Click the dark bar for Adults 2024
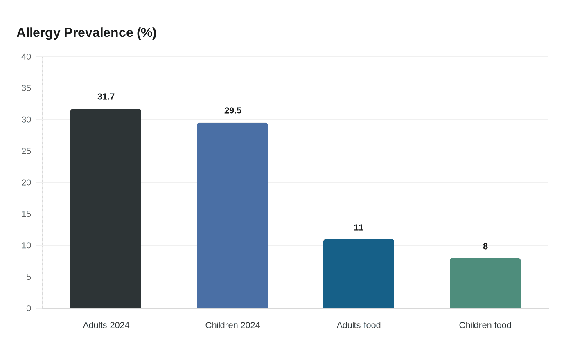point(106,209)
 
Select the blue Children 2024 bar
point(232,216)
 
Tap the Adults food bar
point(359,274)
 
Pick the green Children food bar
point(485,283)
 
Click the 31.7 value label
point(106,97)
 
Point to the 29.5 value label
point(233,111)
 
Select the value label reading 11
point(359,228)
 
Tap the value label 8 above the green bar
point(485,247)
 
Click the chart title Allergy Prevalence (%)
point(86,33)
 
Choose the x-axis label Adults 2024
point(106,325)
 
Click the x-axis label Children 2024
point(232,325)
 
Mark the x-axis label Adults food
point(359,325)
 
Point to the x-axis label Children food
point(485,325)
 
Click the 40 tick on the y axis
point(26,57)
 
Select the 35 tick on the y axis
point(26,88)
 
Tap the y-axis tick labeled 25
point(26,151)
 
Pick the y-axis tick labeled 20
point(26,183)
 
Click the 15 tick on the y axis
point(26,214)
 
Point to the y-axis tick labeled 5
point(29,277)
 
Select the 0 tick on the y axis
point(29,308)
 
